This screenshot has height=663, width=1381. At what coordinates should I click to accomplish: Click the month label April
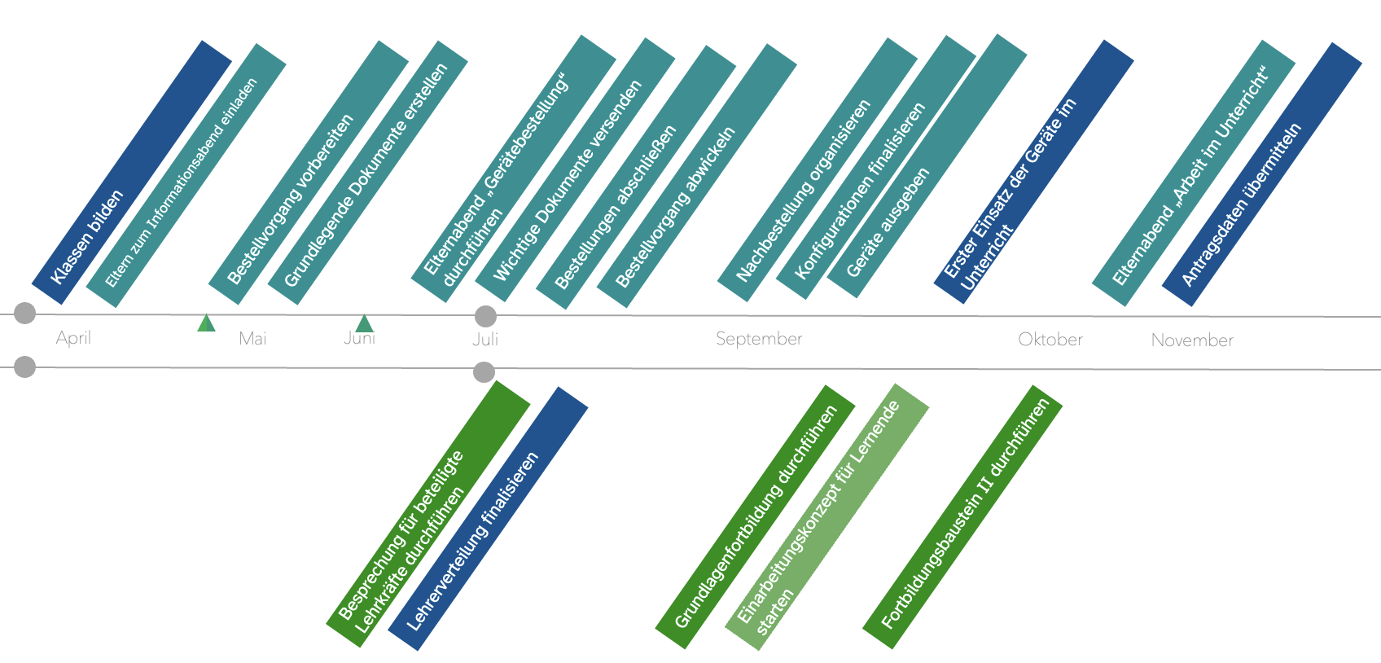point(73,338)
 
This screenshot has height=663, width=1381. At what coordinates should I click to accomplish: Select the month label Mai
point(252,339)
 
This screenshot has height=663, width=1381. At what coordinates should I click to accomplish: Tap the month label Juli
point(485,340)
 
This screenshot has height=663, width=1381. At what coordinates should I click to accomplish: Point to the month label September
point(759,339)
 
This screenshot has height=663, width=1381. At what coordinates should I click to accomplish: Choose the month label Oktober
point(1050,340)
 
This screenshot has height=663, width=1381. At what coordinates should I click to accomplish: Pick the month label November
point(1192,340)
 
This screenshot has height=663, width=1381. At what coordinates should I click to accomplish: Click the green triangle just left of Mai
point(206,323)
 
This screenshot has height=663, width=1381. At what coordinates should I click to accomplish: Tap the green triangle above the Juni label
point(364,324)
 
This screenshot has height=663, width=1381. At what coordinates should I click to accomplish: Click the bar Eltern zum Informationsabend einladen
point(186,176)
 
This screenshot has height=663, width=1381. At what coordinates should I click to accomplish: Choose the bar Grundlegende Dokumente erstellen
point(368,173)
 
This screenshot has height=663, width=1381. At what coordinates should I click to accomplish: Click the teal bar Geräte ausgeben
point(927,166)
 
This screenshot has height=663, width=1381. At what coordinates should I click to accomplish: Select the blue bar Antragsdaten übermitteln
point(1261,174)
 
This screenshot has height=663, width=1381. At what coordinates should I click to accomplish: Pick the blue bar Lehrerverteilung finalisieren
point(488,518)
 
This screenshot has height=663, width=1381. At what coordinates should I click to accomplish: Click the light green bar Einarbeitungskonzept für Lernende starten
point(827,516)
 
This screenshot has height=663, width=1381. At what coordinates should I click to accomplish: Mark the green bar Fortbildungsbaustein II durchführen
point(962,516)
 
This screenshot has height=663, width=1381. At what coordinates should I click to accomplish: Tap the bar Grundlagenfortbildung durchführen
point(756,518)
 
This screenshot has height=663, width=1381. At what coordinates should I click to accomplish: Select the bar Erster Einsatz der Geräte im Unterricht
point(1034,171)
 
